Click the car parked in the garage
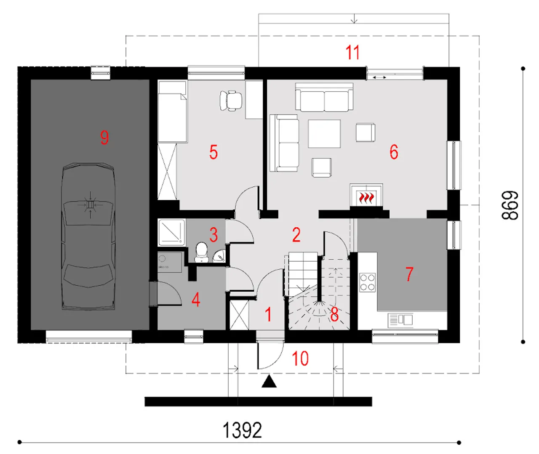[88, 236]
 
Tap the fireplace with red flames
[366, 195]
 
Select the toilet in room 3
[201, 252]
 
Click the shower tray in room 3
[172, 232]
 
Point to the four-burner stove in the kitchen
[368, 282]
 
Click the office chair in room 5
[231, 101]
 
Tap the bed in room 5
[173, 112]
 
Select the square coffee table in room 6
[324, 134]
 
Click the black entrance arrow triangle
[269, 381]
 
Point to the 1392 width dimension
[242, 430]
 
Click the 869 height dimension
[510, 205]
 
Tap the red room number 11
[352, 52]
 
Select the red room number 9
[104, 137]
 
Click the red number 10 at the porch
[300, 358]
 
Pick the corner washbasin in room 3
[220, 256]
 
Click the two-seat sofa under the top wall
[324, 97]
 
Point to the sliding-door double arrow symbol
[380, 77]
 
